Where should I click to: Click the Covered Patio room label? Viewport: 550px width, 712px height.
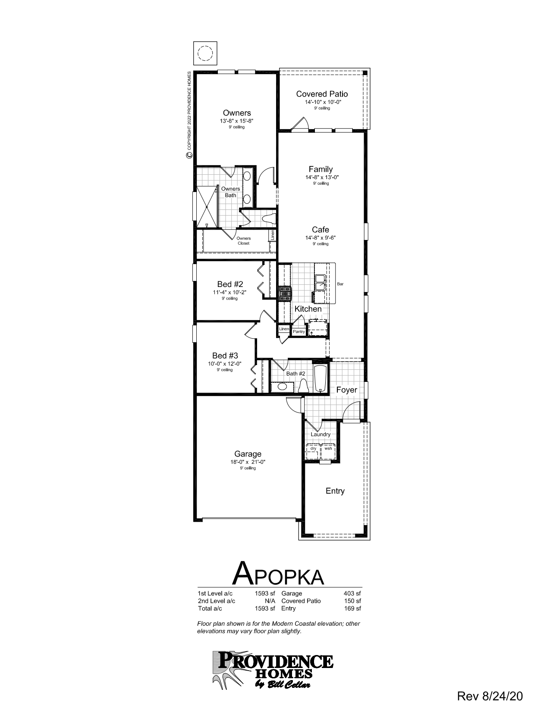point(322,94)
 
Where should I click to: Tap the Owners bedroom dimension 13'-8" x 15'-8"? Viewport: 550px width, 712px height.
point(236,121)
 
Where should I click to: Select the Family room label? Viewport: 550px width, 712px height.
point(321,170)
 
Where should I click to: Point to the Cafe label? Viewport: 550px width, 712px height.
point(321,230)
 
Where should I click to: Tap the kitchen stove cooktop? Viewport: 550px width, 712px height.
point(285,294)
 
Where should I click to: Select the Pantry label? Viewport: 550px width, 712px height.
point(299,331)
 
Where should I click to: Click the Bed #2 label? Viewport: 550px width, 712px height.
point(230,284)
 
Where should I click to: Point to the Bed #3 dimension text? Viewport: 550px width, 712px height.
point(224,364)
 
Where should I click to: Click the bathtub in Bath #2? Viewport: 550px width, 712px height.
point(320,378)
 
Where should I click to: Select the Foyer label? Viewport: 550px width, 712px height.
point(347,390)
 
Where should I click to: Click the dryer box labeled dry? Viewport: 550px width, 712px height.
point(314,448)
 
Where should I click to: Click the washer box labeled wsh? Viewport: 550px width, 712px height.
point(328,448)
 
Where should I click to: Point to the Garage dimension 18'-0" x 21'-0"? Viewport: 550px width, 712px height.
point(248,462)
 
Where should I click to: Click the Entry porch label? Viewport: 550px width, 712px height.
point(335,491)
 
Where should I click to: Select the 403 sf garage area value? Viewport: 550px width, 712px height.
point(352,593)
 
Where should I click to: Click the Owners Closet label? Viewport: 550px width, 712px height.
point(243,241)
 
